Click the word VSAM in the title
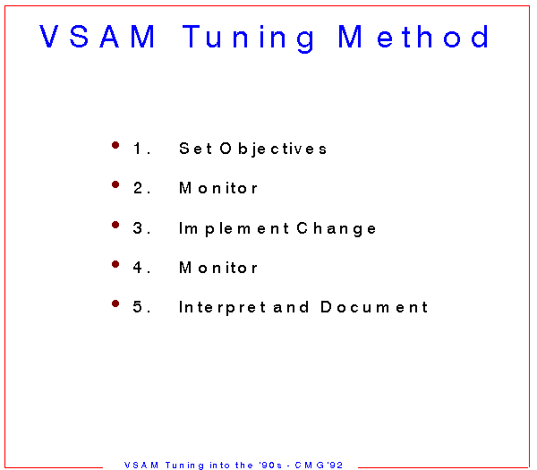[x=98, y=37]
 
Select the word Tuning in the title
[x=248, y=38]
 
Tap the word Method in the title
[x=413, y=36]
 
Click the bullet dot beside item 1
[x=115, y=145]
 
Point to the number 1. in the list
[x=142, y=149]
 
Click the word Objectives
[x=273, y=150]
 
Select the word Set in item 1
[x=195, y=149]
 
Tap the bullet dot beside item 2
[x=115, y=184]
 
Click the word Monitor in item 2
[x=218, y=188]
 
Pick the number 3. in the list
[x=141, y=227]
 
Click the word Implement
[x=234, y=229]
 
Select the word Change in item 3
[x=337, y=229]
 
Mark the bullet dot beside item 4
[x=115, y=264]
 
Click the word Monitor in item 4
[x=218, y=268]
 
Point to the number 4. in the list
[x=141, y=267]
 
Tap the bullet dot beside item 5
[x=115, y=303]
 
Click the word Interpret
[x=222, y=308]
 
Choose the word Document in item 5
[x=374, y=306]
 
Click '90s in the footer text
[x=270, y=465]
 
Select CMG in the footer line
[x=310, y=465]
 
